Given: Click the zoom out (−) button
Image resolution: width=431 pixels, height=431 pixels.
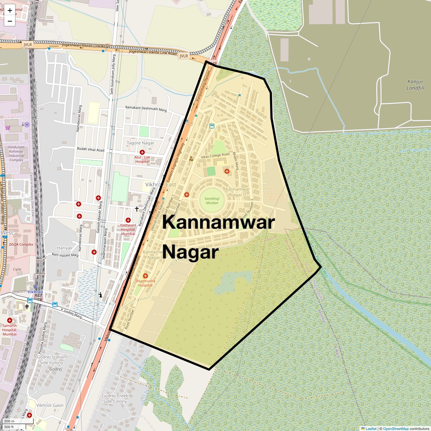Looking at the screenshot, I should (x=10, y=21).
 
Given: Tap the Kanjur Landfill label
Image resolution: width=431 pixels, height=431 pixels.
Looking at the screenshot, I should (x=415, y=85).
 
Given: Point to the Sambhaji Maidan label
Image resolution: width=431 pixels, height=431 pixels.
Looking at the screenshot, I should (x=212, y=200).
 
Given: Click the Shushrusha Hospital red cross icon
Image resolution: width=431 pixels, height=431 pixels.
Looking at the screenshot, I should (x=145, y=275).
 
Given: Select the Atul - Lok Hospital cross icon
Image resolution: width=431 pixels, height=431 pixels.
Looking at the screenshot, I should (x=142, y=152).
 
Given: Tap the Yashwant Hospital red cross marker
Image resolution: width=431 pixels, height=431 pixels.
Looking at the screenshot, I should (x=128, y=220).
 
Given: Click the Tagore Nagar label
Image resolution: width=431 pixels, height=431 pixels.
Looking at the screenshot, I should (x=140, y=143).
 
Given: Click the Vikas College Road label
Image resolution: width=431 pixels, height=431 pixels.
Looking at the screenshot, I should (x=215, y=157).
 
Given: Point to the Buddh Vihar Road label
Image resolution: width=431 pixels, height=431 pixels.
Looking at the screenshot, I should (x=91, y=149).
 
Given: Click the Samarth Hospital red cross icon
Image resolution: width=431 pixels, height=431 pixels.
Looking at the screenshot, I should (x=10, y=320).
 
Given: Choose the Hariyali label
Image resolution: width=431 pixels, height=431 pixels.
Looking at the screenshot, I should (x=65, y=248).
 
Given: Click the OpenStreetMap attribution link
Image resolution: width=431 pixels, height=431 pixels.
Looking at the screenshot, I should (x=395, y=428).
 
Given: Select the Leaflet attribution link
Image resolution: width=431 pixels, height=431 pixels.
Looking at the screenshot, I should (x=371, y=428).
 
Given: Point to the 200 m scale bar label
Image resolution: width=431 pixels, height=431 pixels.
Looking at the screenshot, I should (x=9, y=421).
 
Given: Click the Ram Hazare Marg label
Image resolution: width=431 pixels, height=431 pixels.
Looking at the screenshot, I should (x=65, y=255).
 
